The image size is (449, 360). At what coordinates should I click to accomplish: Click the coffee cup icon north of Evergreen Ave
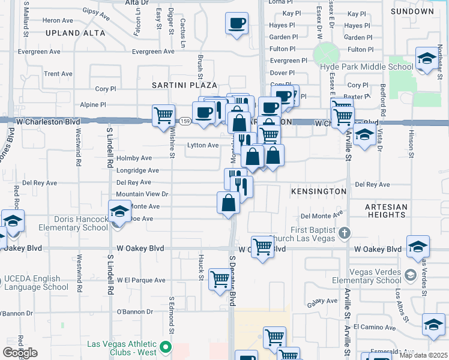point(237,24)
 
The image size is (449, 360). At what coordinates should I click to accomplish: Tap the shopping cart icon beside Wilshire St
point(163,115)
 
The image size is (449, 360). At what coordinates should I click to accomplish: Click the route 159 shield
point(185,121)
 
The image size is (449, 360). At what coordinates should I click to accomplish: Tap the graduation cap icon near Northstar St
point(427,59)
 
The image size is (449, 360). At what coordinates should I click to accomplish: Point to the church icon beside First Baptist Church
point(344,232)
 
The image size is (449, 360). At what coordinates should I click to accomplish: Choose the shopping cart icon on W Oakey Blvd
point(262,246)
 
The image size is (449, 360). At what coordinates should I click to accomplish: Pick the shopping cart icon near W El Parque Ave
point(219,279)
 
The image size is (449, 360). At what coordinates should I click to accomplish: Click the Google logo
point(20,353)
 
